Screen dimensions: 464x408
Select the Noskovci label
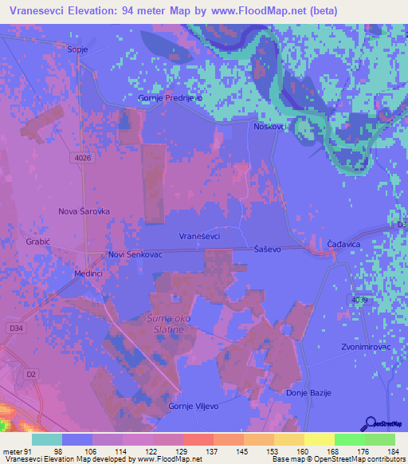271,126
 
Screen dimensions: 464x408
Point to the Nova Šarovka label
84,211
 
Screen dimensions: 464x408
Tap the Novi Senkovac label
135,254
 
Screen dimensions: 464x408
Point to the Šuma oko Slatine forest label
165,324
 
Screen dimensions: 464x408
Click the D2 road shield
31,373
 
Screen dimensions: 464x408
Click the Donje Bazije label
309,393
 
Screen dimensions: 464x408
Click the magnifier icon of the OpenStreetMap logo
369,423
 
